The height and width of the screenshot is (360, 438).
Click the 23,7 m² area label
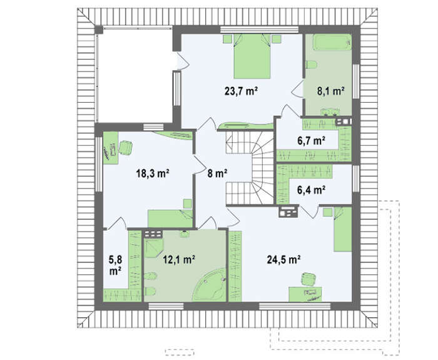point(241,91)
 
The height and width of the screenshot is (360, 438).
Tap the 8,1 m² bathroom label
point(330,91)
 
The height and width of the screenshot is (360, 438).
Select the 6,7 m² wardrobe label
point(311,141)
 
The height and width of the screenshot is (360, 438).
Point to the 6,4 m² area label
point(311,190)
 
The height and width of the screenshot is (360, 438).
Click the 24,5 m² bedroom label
point(283,260)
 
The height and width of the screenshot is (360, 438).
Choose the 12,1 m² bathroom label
point(179,260)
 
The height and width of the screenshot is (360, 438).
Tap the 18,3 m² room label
point(153,173)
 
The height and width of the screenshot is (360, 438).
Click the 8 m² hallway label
point(217,173)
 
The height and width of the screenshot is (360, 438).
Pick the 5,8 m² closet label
point(115,265)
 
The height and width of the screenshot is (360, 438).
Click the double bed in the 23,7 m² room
point(252,56)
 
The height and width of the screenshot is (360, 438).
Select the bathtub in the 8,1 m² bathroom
point(332,42)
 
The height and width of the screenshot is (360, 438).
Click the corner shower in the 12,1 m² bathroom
point(153,248)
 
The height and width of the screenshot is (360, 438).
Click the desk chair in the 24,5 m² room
point(308,279)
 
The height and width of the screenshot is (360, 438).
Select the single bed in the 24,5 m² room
point(343,229)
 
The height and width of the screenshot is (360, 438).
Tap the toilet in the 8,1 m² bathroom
point(311,65)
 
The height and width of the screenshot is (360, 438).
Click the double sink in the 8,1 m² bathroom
point(330,112)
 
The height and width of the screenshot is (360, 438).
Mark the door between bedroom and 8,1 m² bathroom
point(298,89)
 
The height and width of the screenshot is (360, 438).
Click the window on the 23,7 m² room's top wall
point(260,30)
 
